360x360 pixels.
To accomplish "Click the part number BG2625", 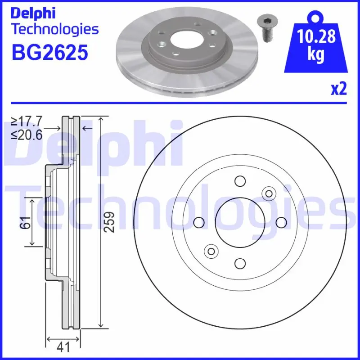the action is [x=50, y=53].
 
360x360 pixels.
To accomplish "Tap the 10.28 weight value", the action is [x=316, y=36].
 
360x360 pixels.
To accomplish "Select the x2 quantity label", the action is [x=339, y=89].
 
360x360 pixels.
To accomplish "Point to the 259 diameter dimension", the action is [x=109, y=222].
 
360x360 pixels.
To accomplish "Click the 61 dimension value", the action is [x=25, y=222].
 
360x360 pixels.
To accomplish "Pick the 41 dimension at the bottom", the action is [x=63, y=346].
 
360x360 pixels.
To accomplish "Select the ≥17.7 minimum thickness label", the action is [x=27, y=121].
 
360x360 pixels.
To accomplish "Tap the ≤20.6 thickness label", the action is [x=27, y=135].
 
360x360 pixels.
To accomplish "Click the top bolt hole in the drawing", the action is [x=240, y=181].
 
